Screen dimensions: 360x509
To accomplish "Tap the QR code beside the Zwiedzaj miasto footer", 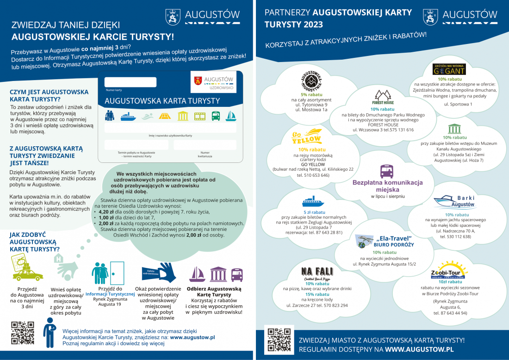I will pos(279,340).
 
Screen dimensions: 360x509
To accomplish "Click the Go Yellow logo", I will pos(307,137).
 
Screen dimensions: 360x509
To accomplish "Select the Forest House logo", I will pos(383,98).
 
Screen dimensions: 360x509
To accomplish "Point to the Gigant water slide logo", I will pos(449,69).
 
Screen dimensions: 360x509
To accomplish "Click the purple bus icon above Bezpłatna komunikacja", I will pos(387,171).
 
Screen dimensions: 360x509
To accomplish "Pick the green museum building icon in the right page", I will pos(454,129).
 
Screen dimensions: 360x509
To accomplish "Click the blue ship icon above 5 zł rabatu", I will pos(313,202).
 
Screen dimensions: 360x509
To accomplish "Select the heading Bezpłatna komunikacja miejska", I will pos(387,186).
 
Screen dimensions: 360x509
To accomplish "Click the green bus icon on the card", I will pos(216,116).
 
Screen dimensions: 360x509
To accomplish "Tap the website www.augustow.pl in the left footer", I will pos(192,338).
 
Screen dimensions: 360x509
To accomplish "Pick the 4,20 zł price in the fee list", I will pos(107,212).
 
